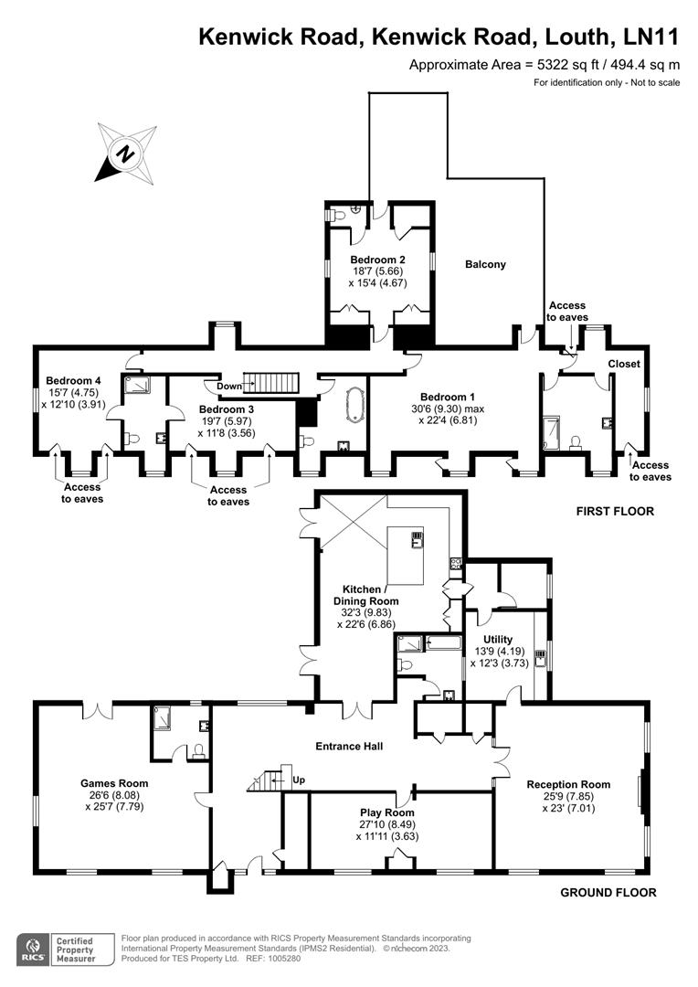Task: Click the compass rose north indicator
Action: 122,154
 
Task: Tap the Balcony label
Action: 485,264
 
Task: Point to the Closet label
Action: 624,364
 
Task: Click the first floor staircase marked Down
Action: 273,384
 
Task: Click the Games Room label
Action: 114,783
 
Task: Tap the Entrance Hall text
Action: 348,747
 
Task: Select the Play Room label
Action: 387,812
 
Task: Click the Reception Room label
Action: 567,784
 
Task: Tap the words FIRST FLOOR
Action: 614,511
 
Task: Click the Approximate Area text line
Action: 544,64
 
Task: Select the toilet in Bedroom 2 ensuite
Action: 339,213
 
